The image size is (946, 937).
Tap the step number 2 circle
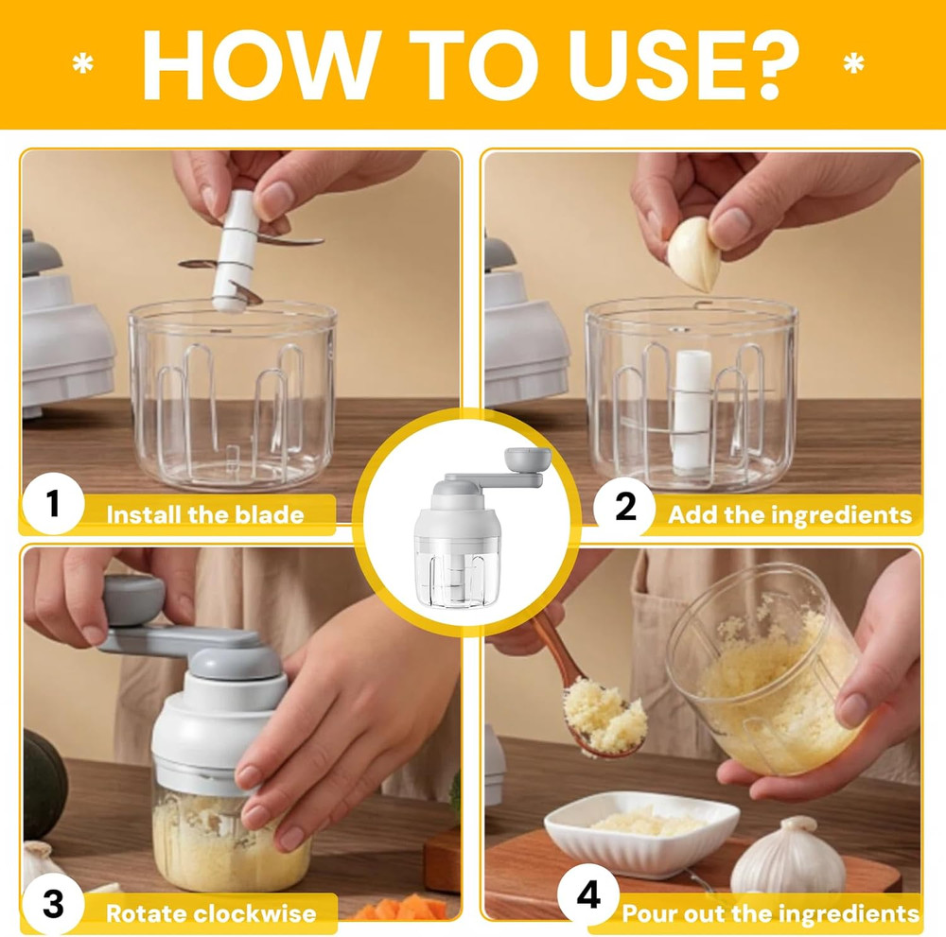625,508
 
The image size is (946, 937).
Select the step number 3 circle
53,904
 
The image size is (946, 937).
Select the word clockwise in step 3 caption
254,914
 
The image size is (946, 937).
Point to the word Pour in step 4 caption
650,914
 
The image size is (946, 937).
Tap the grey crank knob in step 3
132,600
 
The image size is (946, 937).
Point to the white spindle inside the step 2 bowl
692,408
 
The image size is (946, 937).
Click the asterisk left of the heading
83,64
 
